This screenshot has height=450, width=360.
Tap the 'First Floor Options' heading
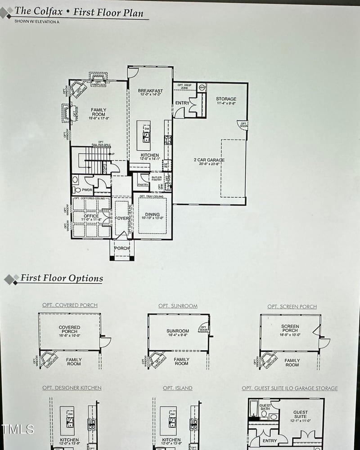click(x=61, y=278)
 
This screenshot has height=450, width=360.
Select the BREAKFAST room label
click(x=150, y=91)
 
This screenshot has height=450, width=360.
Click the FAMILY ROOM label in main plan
click(x=99, y=112)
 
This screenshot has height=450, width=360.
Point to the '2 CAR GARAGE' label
click(x=209, y=160)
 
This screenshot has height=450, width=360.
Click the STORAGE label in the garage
click(x=226, y=99)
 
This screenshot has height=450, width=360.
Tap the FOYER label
click(x=122, y=218)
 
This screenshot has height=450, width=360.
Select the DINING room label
click(x=152, y=215)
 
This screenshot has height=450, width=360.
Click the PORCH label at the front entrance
click(x=122, y=248)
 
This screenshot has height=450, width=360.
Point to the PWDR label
click(x=87, y=190)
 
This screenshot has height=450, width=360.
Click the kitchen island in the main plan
click(x=144, y=135)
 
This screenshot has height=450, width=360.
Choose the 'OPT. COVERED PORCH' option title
click(x=70, y=305)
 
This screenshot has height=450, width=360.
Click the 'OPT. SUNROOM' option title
click(x=178, y=306)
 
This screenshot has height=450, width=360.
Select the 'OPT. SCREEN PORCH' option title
click(x=292, y=307)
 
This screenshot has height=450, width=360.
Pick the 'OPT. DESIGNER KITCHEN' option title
click(x=72, y=388)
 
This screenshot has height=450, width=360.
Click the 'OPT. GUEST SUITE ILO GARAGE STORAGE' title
click(x=289, y=388)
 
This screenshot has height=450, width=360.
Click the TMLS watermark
click(x=18, y=429)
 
